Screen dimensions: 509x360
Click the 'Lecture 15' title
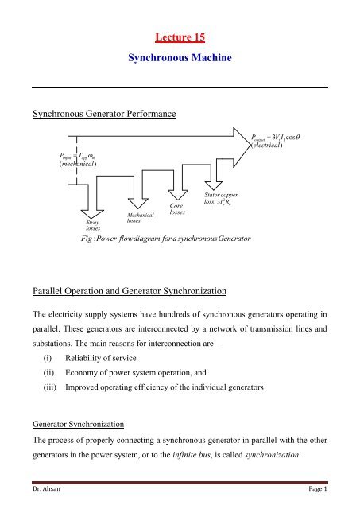point(179,37)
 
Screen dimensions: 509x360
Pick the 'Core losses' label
point(179,209)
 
